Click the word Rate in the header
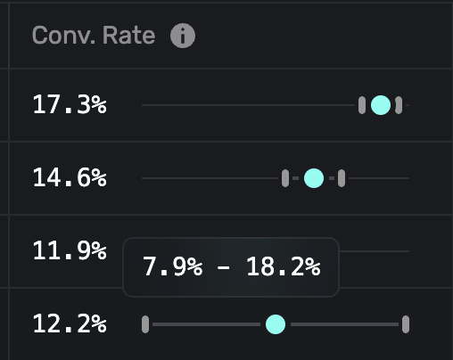pos(125,36)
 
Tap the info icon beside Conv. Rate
pos(183,36)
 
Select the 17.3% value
pos(69,105)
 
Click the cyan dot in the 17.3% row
pos(380,105)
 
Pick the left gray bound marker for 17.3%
pos(362,105)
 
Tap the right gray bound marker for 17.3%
pos(399,105)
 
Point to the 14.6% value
pos(69,178)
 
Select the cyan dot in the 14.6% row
pos(313,178)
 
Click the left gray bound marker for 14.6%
pos(285,178)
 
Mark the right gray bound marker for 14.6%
pos(342,178)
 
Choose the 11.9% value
pos(69,251)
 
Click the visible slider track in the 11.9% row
pos(375,251)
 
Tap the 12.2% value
pos(69,324)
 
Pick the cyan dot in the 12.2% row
pos(276,324)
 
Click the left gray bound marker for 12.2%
pos(145,324)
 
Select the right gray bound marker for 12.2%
pos(406,324)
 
